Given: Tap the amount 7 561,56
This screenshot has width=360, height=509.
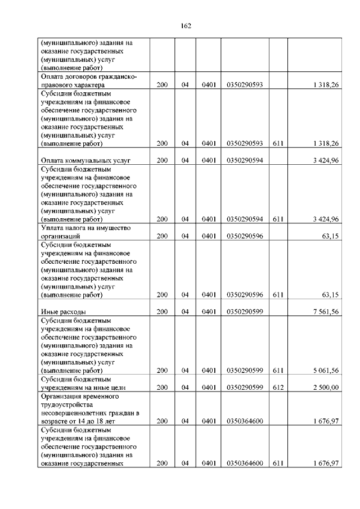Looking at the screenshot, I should click(x=324, y=312).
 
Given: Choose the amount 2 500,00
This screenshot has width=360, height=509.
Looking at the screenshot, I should click(x=324, y=388).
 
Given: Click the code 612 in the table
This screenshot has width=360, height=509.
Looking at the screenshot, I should click(x=277, y=388).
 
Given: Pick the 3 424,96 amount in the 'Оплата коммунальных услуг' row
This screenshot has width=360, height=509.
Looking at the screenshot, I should click(x=324, y=160).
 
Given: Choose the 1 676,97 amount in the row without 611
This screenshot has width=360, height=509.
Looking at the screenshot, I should click(x=324, y=421).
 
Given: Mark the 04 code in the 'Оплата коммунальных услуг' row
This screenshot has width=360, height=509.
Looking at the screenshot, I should click(x=185, y=160).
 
